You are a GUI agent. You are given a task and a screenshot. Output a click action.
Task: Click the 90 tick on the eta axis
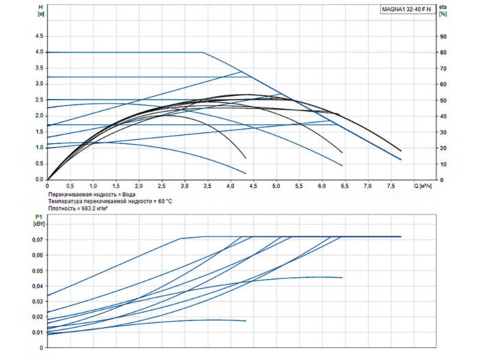(x=444, y=36)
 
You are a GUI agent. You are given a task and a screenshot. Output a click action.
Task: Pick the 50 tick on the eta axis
(x=444, y=100)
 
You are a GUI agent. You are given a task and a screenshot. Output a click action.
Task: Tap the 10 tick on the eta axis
(x=444, y=164)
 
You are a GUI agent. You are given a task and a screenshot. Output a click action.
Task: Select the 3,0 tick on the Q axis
(x=184, y=186)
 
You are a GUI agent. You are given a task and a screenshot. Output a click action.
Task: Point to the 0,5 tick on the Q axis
(x=70, y=186)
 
